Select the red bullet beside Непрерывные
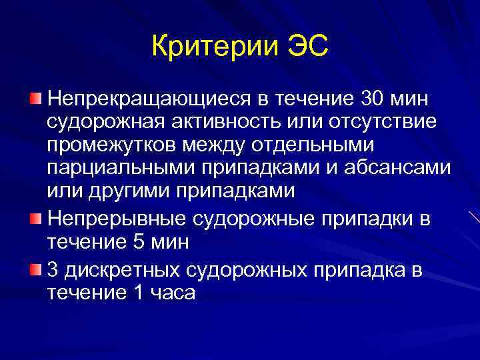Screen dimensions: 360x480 tap(35, 218)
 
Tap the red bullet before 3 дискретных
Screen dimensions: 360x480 tap(35, 269)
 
